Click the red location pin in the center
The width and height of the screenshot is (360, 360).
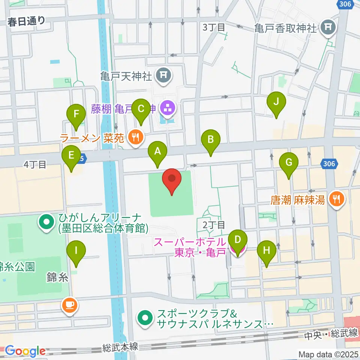(x=172, y=180)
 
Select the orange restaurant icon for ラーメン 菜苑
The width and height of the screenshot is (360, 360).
(x=135, y=138)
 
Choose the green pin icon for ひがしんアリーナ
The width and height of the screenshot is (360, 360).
(x=46, y=222)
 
